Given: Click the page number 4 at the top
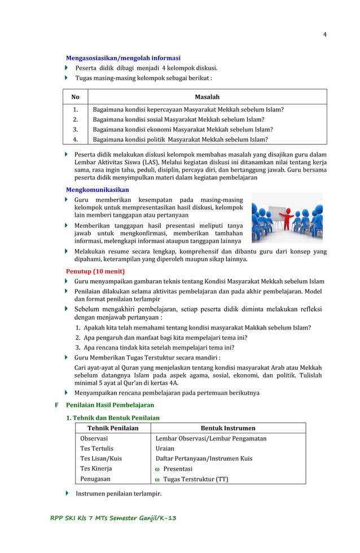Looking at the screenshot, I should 324,34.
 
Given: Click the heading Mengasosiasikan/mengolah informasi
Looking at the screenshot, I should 123,58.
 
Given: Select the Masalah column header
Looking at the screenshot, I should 207,97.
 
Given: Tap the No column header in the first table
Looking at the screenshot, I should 75,97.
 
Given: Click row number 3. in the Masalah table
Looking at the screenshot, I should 75,129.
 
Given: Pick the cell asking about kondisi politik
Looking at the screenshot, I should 180,139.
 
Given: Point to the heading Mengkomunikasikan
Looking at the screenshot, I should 98,190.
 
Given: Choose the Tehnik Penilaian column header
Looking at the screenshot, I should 113,428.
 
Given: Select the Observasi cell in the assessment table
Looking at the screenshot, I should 94,438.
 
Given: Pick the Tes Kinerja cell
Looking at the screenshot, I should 96,469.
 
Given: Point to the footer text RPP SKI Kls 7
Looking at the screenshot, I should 113,518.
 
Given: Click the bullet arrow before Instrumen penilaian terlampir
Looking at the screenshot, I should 68,494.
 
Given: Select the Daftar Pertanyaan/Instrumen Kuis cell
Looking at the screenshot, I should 204,459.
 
